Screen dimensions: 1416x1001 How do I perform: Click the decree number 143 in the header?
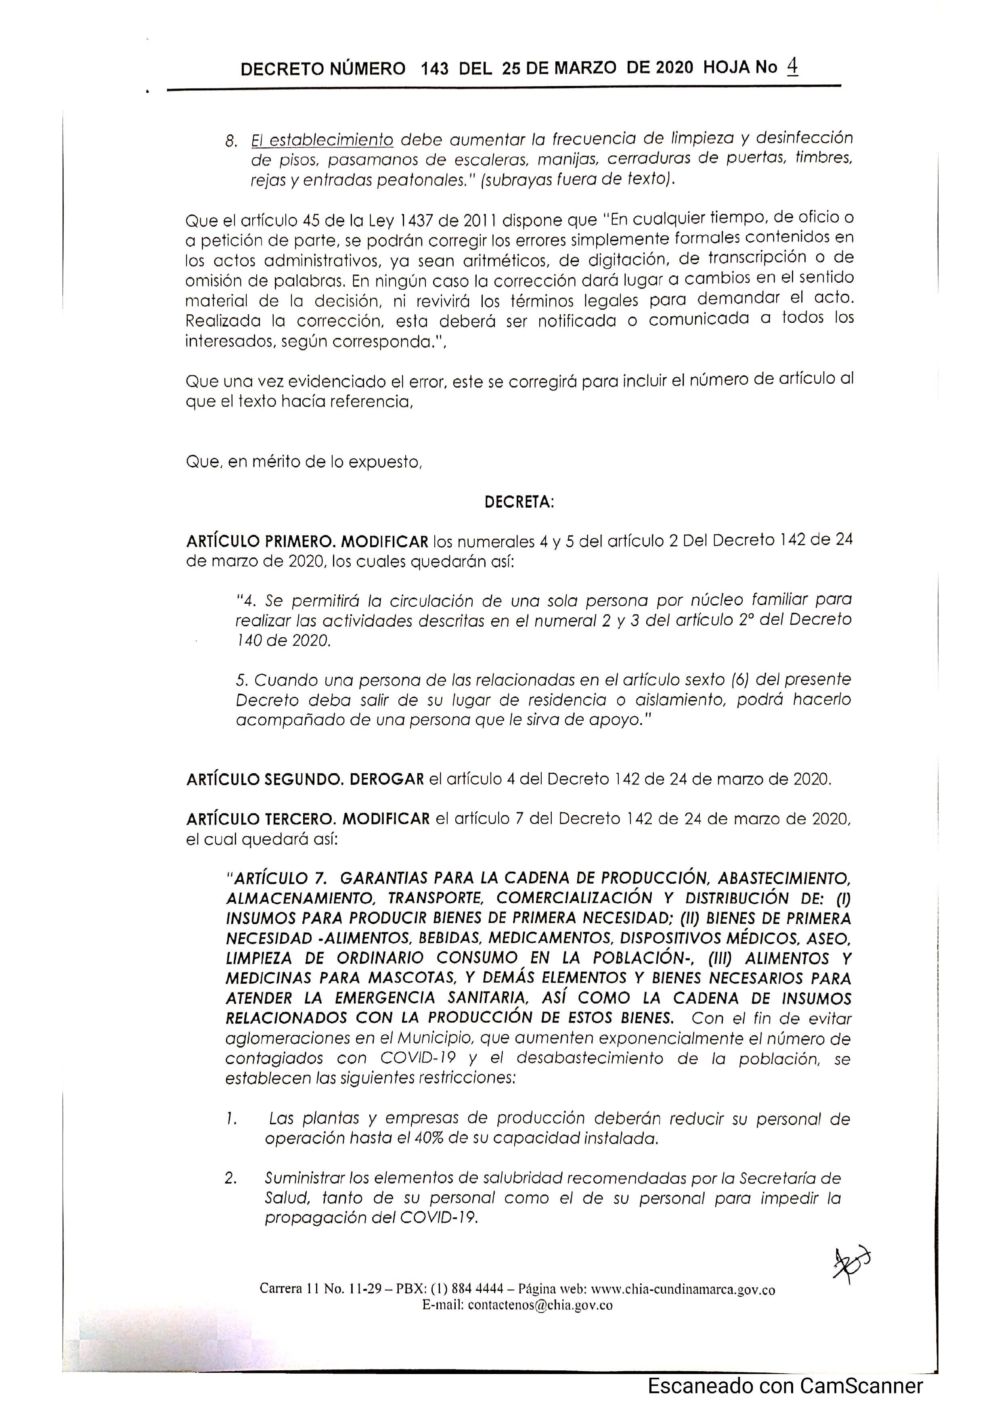click(435, 69)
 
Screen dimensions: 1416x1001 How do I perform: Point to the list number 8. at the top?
click(231, 142)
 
